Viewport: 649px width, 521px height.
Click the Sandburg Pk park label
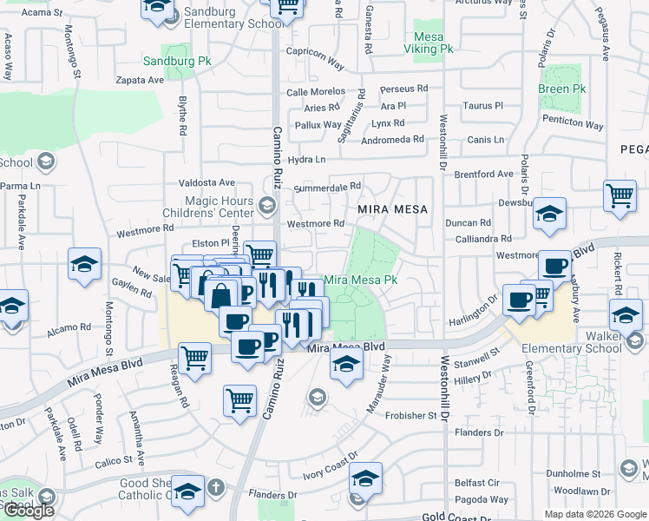pyautogui.click(x=177, y=63)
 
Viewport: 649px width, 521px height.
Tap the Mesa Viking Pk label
pyautogui.click(x=429, y=43)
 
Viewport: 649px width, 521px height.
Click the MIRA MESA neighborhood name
pyautogui.click(x=393, y=209)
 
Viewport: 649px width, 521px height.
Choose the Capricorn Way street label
pyautogui.click(x=315, y=60)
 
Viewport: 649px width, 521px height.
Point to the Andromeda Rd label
pyautogui.click(x=392, y=139)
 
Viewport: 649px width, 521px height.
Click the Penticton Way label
pyautogui.click(x=573, y=124)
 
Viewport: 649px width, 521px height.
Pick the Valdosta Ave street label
pyautogui.click(x=206, y=183)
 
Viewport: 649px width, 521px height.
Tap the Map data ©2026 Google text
pyautogui.click(x=595, y=514)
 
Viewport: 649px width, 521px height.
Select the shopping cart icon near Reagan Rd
pyautogui.click(x=194, y=356)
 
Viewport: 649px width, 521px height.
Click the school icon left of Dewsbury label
pyautogui.click(x=549, y=213)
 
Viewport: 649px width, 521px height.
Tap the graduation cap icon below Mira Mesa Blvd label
pyautogui.click(x=344, y=366)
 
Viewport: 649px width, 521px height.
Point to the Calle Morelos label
pyautogui.click(x=316, y=92)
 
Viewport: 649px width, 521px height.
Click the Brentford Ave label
pyautogui.click(x=483, y=174)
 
